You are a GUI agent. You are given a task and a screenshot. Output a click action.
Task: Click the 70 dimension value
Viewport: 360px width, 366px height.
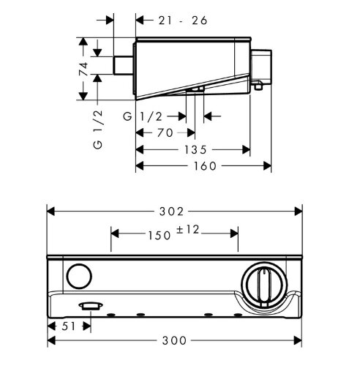pos(165,132)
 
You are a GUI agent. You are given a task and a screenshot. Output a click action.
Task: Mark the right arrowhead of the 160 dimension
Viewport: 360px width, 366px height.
pos(268,166)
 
